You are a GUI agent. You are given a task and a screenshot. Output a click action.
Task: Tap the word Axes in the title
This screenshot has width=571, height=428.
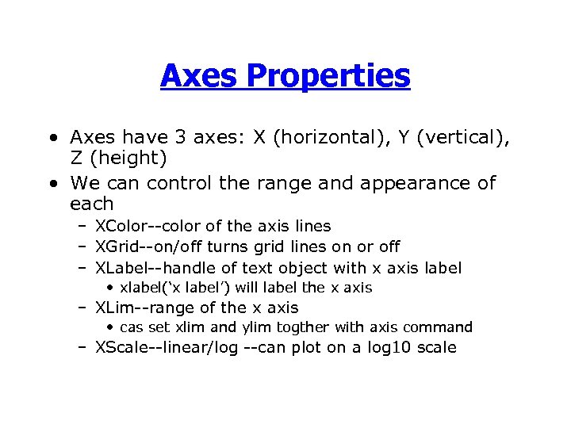coord(199,76)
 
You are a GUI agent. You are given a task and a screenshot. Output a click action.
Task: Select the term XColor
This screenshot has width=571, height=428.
coord(119,227)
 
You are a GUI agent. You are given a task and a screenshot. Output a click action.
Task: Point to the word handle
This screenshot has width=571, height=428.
coord(196,268)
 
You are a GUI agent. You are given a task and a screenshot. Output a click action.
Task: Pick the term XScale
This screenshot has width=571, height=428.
coord(121,347)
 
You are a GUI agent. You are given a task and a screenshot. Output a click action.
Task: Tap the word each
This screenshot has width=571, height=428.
coord(92,204)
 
